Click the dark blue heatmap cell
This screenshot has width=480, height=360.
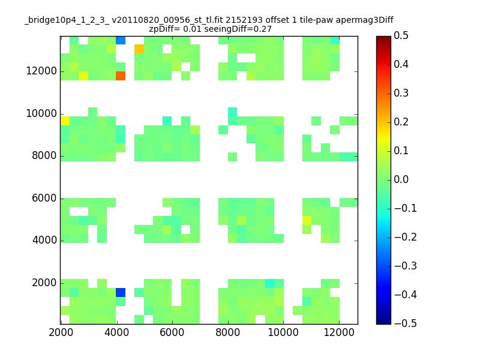pos(121,292)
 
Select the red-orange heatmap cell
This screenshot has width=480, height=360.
pos(121,76)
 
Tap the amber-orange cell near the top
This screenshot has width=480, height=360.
pos(139,49)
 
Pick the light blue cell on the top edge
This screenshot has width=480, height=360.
pos(121,40)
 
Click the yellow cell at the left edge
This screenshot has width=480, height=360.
pos(65,121)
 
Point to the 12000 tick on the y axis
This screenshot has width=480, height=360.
pos(41,71)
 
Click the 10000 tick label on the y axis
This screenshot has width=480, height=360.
pos(41,113)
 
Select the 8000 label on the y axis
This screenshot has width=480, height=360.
pos(44,155)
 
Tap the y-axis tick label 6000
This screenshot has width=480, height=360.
pos(44,198)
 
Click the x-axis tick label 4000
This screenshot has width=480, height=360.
pos(116,332)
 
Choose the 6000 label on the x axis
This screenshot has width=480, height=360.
pos(172,332)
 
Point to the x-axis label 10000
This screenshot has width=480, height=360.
pos(283,332)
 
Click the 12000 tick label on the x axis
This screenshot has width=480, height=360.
pos(339,332)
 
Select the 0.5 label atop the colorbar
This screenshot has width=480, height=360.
pos(401,35)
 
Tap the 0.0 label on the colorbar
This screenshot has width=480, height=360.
pos(401,179)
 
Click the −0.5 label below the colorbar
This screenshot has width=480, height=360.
pos(406,323)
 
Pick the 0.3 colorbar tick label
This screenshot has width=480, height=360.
pos(401,93)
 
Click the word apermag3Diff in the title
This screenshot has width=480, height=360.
pos(365,20)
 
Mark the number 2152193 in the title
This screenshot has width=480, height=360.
pos(244,20)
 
